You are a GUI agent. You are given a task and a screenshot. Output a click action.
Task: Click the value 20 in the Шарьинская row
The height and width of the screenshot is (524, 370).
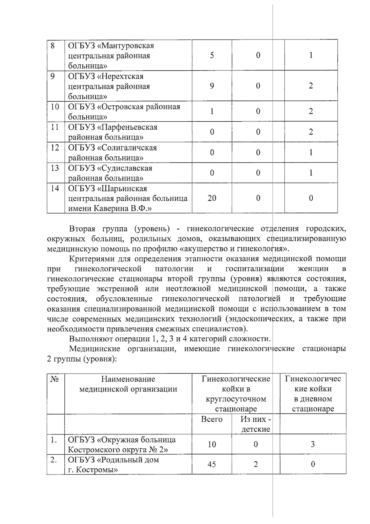212,198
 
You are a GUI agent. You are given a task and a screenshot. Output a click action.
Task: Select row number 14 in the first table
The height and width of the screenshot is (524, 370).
55,188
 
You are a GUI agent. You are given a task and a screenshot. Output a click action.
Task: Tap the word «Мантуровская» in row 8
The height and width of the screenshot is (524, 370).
127,46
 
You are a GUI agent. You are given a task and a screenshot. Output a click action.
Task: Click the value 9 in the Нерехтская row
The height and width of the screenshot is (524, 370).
212,86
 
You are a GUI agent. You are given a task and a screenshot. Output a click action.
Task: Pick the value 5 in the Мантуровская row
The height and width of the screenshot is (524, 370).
212,55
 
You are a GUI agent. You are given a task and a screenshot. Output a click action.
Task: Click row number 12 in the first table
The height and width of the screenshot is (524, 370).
55,148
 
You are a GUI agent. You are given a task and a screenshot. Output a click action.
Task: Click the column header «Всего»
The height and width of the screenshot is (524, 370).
212,419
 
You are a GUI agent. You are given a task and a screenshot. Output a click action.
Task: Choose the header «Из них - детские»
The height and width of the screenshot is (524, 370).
256,424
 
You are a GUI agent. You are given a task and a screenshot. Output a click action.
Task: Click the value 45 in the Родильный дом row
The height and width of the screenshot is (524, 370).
212,464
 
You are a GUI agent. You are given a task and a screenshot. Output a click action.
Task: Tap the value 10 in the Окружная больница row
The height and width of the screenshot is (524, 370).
212,444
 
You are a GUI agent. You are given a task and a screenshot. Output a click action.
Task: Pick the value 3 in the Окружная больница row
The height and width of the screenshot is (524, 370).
313,444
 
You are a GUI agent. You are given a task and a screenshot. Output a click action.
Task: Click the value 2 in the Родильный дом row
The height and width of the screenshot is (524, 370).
256,464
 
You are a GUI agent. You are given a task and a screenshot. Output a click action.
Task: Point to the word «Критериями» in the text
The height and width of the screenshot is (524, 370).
89,259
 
